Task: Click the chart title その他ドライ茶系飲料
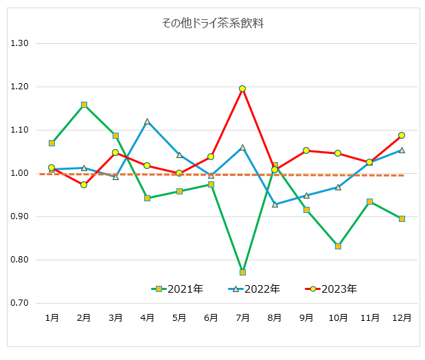coord(212,23)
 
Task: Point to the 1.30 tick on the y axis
coord(19,43)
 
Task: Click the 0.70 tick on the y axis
coord(19,303)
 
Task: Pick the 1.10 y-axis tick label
coord(19,130)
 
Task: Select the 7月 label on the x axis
coord(242,318)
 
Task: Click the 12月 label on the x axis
coord(402,318)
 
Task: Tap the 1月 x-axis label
coord(51,318)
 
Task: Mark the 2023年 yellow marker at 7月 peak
coord(242,89)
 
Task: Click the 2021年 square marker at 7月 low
coord(242,273)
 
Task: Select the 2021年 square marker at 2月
coord(84,105)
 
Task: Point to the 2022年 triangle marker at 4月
coord(147,122)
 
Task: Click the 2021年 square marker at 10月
coord(338,246)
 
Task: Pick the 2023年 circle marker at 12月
coord(402,135)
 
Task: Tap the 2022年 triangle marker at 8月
coord(275,204)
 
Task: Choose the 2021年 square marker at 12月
coord(402,218)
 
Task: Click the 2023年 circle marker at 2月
coord(84,185)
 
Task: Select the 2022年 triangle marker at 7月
coord(242,147)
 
